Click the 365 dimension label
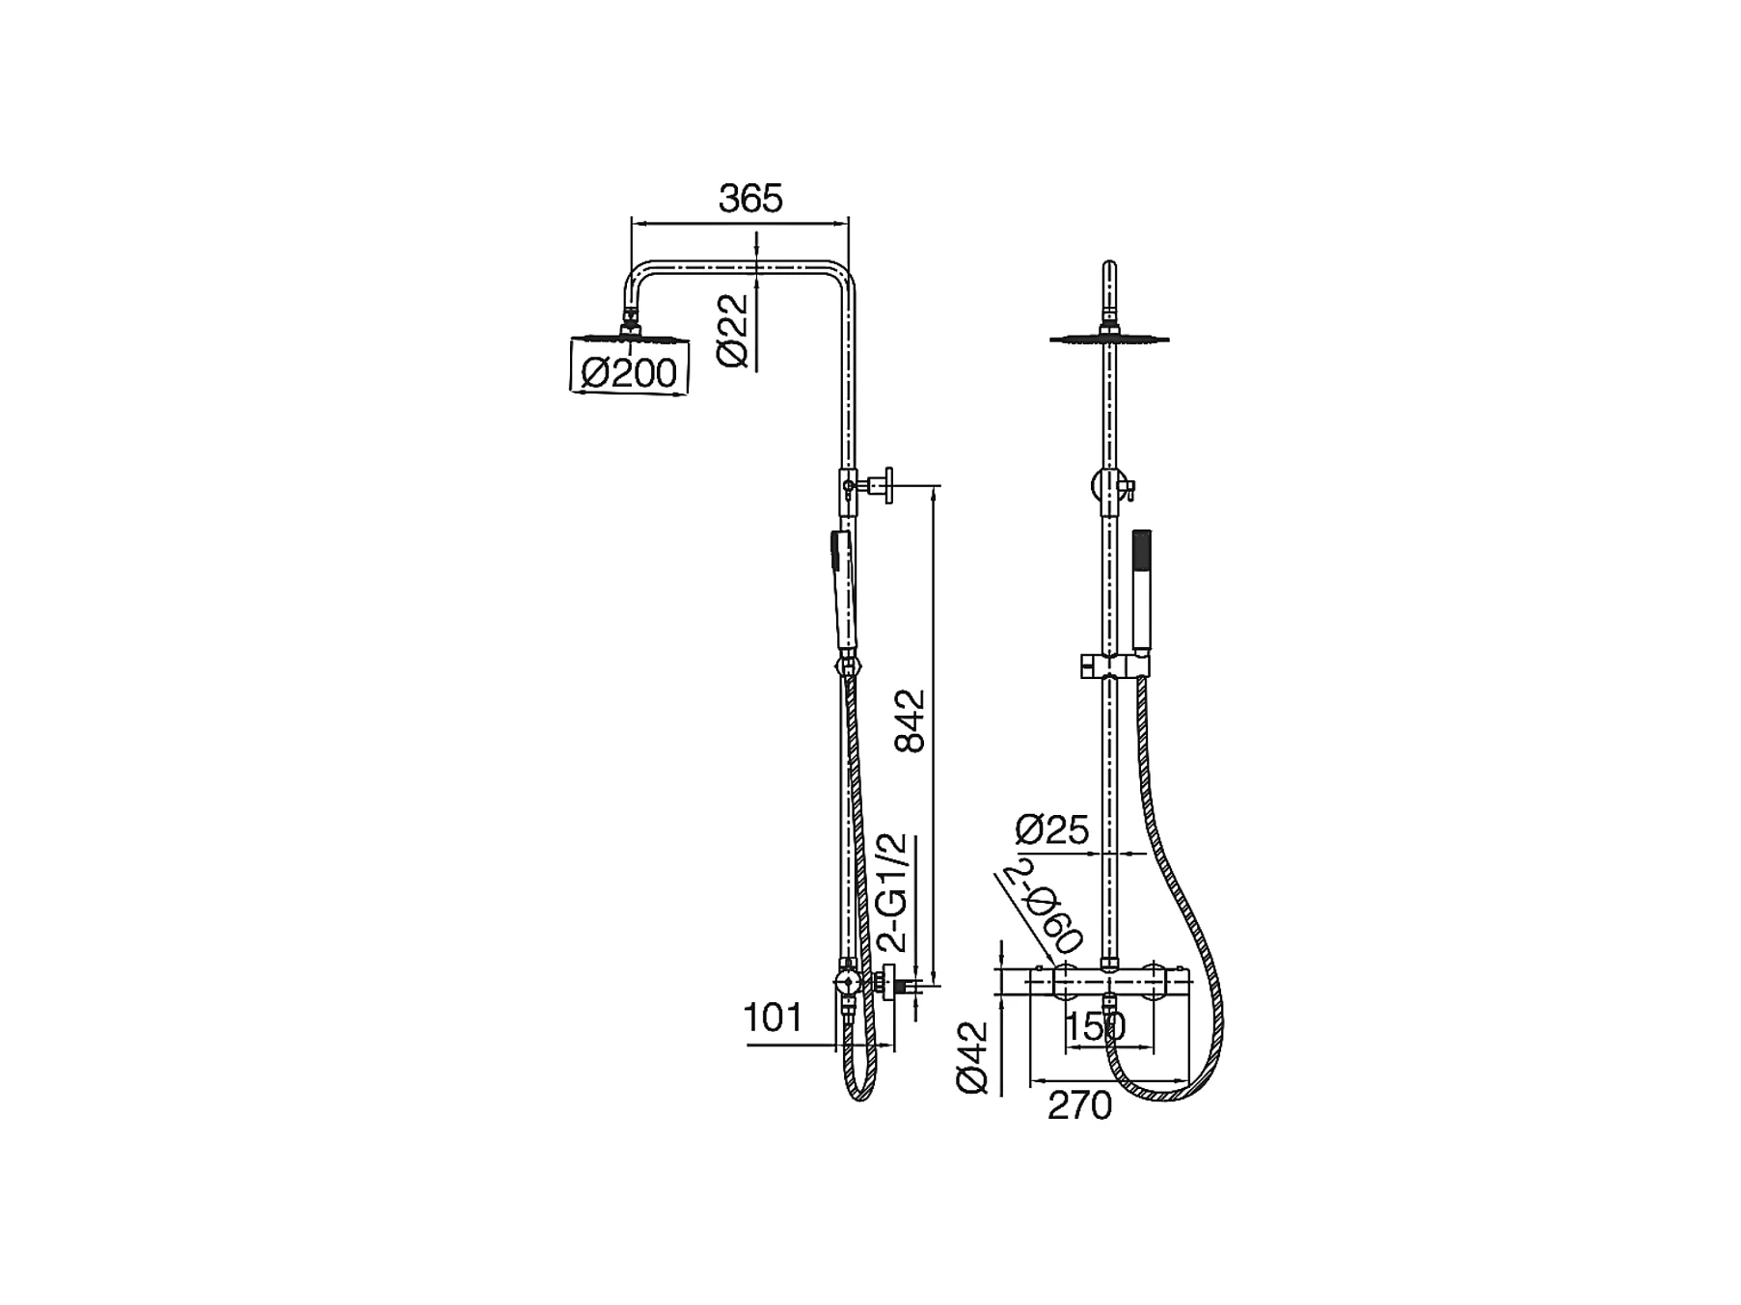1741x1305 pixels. coord(750,199)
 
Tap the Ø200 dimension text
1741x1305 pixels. coord(629,372)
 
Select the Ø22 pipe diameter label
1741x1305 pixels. coord(733,330)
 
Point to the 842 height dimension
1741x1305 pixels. coord(910,720)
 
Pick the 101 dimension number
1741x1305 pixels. coord(774,1018)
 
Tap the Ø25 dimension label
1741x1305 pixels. coord(1052,829)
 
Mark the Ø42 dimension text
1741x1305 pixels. coord(973,1057)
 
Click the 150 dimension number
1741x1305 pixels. coord(1097,1028)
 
